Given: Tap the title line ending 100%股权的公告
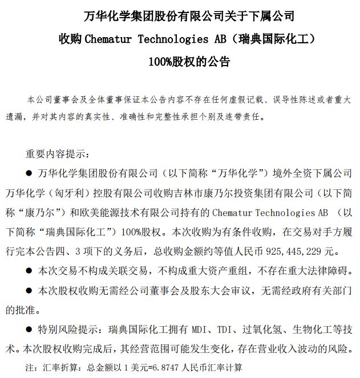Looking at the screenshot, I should coord(180,61).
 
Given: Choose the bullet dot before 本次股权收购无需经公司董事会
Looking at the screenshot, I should coord(29,290).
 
